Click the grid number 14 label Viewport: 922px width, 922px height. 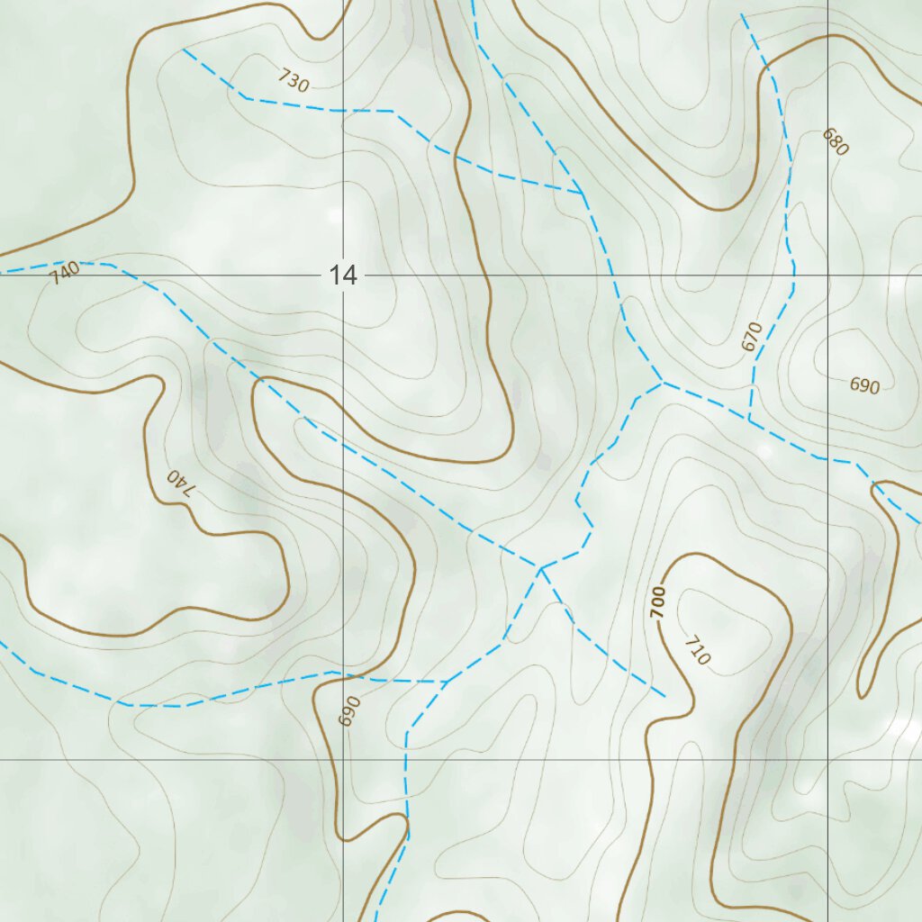pyautogui.click(x=343, y=276)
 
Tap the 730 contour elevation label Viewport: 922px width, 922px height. pyautogui.click(x=294, y=82)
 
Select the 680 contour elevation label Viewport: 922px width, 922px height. pyautogui.click(x=835, y=142)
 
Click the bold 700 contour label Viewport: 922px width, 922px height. pyautogui.click(x=659, y=601)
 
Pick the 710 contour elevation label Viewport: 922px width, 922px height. pyautogui.click(x=697, y=651)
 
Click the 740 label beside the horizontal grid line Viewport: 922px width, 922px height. pyautogui.click(x=65, y=273)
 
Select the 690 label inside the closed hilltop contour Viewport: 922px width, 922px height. pyautogui.click(x=863, y=386)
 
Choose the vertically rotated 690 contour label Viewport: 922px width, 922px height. pyautogui.click(x=349, y=710)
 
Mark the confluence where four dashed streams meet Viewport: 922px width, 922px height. pyautogui.click(x=540, y=568)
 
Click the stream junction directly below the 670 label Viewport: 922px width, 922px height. pyautogui.click(x=749, y=420)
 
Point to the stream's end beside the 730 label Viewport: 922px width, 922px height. pyautogui.click(x=184, y=50)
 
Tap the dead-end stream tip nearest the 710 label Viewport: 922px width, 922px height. pyautogui.click(x=664, y=696)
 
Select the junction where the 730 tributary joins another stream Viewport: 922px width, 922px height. pyautogui.click(x=583, y=194)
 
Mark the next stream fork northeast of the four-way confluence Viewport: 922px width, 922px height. pyautogui.click(x=664, y=383)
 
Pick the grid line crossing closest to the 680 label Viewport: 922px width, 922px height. pyautogui.click(x=828, y=276)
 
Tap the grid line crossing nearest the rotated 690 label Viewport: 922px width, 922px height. pyautogui.click(x=343, y=760)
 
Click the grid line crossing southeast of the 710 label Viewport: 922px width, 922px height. pyautogui.click(x=828, y=760)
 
